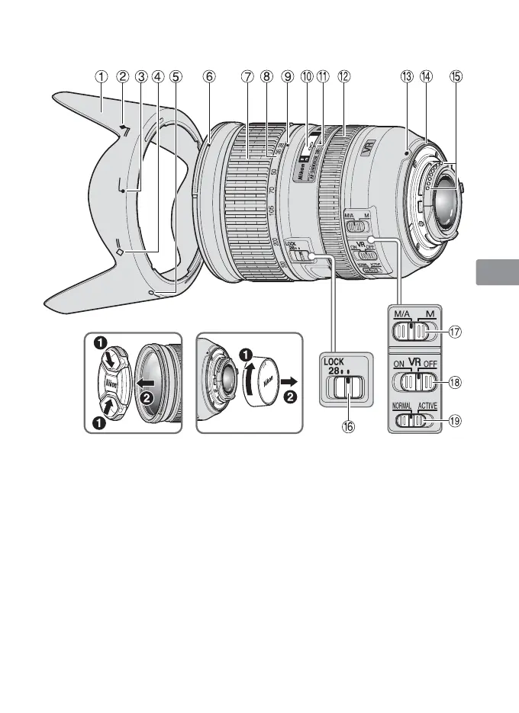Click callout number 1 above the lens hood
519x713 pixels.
pos(101,76)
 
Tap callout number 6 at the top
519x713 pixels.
pos(209,76)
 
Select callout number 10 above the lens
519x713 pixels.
pos(307,76)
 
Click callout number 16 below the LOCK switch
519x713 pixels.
pos(348,428)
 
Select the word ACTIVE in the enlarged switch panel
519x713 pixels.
pos(427,406)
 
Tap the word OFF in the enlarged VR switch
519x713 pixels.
pos(428,365)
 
